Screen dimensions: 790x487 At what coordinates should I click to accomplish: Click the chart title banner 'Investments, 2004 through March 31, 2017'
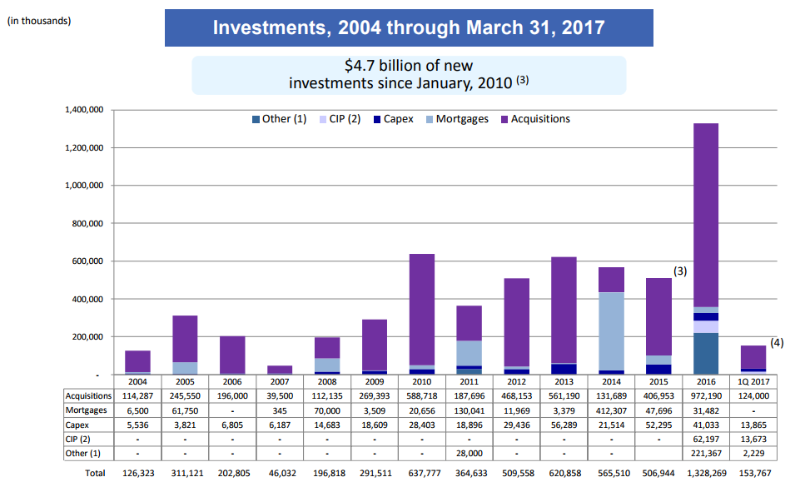[409, 27]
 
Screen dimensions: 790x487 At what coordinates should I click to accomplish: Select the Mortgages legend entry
[457, 119]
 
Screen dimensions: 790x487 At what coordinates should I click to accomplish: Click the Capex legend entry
[393, 119]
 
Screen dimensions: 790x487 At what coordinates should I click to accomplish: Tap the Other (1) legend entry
[279, 119]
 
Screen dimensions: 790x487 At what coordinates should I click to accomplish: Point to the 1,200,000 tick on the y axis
[84, 147]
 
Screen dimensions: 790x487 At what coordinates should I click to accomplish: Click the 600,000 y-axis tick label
[87, 261]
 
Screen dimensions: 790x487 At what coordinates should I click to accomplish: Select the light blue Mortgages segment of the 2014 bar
[611, 331]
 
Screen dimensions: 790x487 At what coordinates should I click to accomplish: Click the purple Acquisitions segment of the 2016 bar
[706, 215]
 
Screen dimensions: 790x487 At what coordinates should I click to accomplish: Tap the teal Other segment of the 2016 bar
[706, 354]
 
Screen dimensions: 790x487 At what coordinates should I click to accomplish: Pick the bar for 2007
[280, 370]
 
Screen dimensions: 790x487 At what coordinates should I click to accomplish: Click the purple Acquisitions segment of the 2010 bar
[422, 309]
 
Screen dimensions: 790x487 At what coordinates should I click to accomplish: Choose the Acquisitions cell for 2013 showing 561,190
[564, 396]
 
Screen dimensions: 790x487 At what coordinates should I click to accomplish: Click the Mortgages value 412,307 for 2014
[611, 410]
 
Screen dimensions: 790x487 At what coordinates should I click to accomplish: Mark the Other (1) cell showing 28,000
[469, 453]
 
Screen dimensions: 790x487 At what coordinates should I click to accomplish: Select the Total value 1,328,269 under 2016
[707, 474]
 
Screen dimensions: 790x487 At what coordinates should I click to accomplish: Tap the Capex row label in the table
[77, 425]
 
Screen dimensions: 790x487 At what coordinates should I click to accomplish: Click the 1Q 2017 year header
[753, 382]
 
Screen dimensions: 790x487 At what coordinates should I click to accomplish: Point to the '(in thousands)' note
[39, 21]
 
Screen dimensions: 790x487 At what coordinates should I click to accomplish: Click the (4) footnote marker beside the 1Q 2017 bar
[777, 342]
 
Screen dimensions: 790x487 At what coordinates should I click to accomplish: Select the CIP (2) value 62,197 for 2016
[706, 440]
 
